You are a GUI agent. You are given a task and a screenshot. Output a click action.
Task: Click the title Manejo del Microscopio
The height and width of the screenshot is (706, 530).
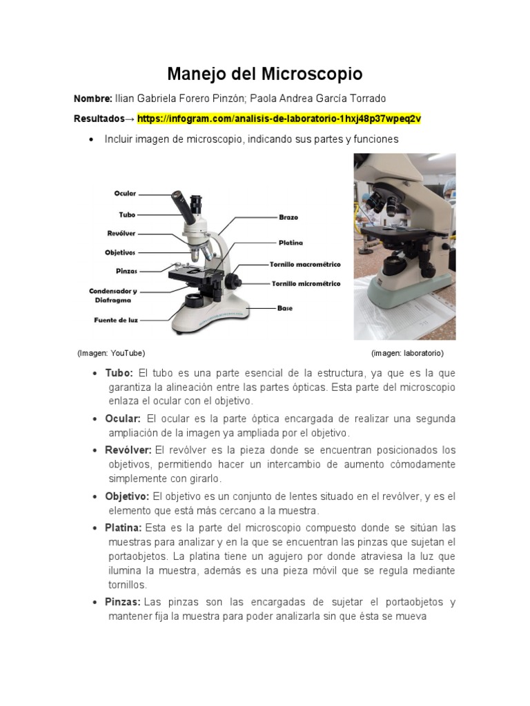point(265,74)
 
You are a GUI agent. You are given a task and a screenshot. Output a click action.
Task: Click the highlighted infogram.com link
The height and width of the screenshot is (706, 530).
point(279,119)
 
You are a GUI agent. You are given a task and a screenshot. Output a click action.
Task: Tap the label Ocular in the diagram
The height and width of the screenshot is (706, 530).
point(125,194)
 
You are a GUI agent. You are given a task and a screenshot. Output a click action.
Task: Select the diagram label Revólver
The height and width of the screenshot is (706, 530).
point(121,233)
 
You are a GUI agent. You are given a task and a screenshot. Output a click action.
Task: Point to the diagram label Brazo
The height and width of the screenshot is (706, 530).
point(288,217)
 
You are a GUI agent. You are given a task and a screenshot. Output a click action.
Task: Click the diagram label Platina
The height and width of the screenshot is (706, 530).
point(291,243)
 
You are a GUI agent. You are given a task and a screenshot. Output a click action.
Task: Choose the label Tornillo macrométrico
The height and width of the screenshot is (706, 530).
point(304,264)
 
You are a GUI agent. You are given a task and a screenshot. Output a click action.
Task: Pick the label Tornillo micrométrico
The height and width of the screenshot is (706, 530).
point(305,283)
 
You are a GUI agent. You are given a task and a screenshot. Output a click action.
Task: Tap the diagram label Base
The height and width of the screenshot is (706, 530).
point(285,308)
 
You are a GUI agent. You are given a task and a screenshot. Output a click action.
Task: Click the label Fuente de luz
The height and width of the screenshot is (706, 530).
point(115,320)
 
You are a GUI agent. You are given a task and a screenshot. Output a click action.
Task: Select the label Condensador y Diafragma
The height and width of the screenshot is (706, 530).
point(113,296)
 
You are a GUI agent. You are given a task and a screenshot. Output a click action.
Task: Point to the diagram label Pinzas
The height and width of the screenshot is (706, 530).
point(126,271)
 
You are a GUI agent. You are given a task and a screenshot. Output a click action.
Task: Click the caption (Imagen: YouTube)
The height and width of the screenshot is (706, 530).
point(111,353)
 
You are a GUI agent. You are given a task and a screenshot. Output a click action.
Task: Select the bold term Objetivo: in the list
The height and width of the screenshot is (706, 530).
point(127,496)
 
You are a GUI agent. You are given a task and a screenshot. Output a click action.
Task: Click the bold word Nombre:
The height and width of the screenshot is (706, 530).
point(92,99)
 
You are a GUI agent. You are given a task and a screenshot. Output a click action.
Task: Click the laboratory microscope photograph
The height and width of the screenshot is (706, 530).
point(404,246)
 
